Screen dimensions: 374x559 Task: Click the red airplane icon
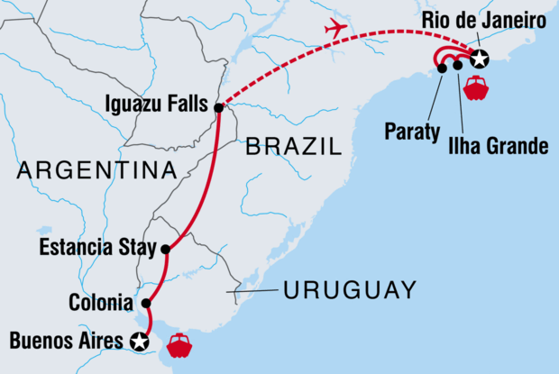(x=335, y=28)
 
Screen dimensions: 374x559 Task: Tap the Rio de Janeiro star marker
(x=480, y=59)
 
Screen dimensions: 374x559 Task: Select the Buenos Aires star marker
(x=139, y=341)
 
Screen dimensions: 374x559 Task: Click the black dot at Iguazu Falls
(x=219, y=108)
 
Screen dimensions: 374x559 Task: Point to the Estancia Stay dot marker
(x=166, y=248)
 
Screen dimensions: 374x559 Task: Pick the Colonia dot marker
(x=146, y=303)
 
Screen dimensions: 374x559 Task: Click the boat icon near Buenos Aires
(x=179, y=345)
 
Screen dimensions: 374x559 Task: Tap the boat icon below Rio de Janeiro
(x=474, y=87)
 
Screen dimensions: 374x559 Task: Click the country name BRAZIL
(x=294, y=146)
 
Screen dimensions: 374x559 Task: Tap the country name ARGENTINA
(x=96, y=169)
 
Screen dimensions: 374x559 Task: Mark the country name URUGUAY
(x=349, y=290)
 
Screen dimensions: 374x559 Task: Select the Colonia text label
(x=100, y=303)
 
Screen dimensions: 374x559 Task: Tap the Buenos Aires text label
(x=64, y=341)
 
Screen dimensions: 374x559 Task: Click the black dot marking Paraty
(x=441, y=68)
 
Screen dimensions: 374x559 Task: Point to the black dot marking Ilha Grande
(x=458, y=65)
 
